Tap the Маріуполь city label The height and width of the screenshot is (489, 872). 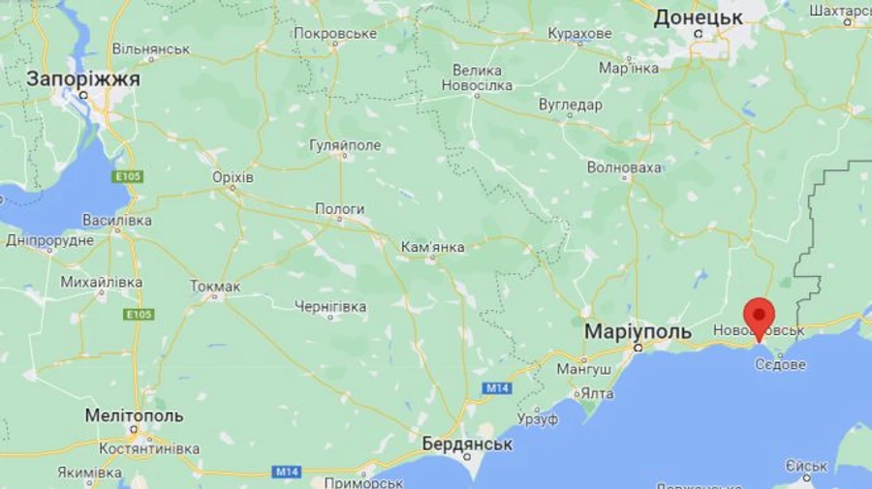(638, 332)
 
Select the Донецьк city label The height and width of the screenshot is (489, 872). (698, 17)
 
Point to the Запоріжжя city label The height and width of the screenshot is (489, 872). (83, 79)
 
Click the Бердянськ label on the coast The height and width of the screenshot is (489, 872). (467, 444)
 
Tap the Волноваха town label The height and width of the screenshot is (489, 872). (625, 168)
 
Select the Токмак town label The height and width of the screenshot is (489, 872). (215, 286)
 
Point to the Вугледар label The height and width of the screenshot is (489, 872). (571, 105)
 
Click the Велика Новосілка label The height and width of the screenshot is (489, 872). (477, 78)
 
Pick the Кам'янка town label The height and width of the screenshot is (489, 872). (433, 247)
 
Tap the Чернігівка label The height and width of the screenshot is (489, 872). (330, 307)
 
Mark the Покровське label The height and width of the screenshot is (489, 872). (334, 33)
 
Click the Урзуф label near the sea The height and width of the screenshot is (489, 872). (538, 419)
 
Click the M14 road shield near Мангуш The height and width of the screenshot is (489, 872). (496, 388)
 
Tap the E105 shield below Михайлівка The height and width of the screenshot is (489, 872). (138, 315)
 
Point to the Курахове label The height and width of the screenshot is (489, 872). (579, 34)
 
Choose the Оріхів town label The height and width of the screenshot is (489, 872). (233, 178)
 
